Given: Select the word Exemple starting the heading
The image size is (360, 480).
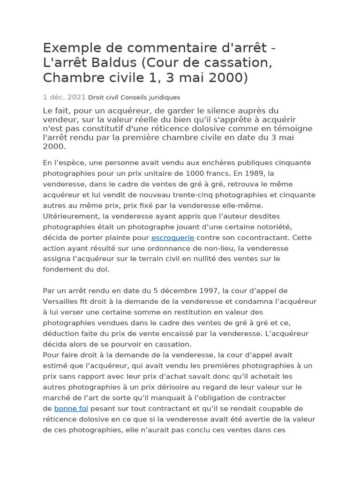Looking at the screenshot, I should pyautogui.click(x=71, y=48).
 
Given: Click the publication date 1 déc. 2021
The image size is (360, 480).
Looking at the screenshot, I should pyautogui.click(x=64, y=97).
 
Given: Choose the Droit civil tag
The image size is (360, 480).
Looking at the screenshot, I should pyautogui.click(x=103, y=97).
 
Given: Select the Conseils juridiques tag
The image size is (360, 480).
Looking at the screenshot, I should pyautogui.click(x=150, y=97).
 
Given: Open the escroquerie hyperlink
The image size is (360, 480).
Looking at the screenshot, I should pyautogui.click(x=172, y=238).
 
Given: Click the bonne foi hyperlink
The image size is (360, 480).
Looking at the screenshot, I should pyautogui.click(x=71, y=409).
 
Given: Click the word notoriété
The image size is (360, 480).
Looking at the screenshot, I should pyautogui.click(x=274, y=227).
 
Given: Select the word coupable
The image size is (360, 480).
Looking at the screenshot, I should pyautogui.click(x=275, y=409).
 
